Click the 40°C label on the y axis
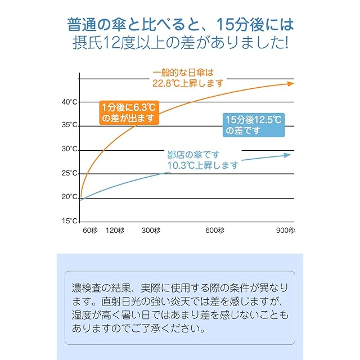point(70,102)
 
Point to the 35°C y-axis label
point(70,125)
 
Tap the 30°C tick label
point(70,149)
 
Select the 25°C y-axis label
point(70,173)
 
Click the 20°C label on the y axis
point(70,197)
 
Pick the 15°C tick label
point(70,221)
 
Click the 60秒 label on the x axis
point(91,231)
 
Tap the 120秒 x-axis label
point(115,231)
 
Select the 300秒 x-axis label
point(151,231)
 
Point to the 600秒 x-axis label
point(215,231)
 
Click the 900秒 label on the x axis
point(285,231)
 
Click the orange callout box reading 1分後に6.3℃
point(128,112)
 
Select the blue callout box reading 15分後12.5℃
point(253,125)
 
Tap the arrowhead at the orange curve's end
point(290,83)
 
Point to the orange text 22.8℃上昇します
point(188,83)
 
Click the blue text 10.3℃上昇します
point(202,165)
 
